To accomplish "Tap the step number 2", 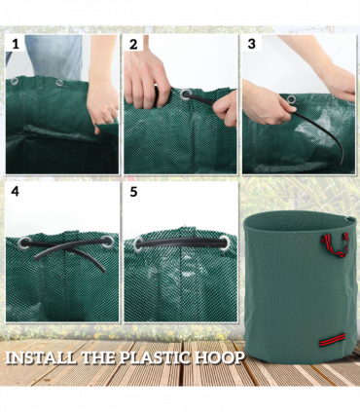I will coord(133,45).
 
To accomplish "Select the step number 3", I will coord(252,45).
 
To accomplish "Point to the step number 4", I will coord(14,192).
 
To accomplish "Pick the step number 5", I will coord(133,192).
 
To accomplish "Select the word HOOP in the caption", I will coord(223,357).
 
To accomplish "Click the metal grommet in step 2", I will coord(185,95).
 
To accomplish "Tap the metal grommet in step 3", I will coord(291,98).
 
